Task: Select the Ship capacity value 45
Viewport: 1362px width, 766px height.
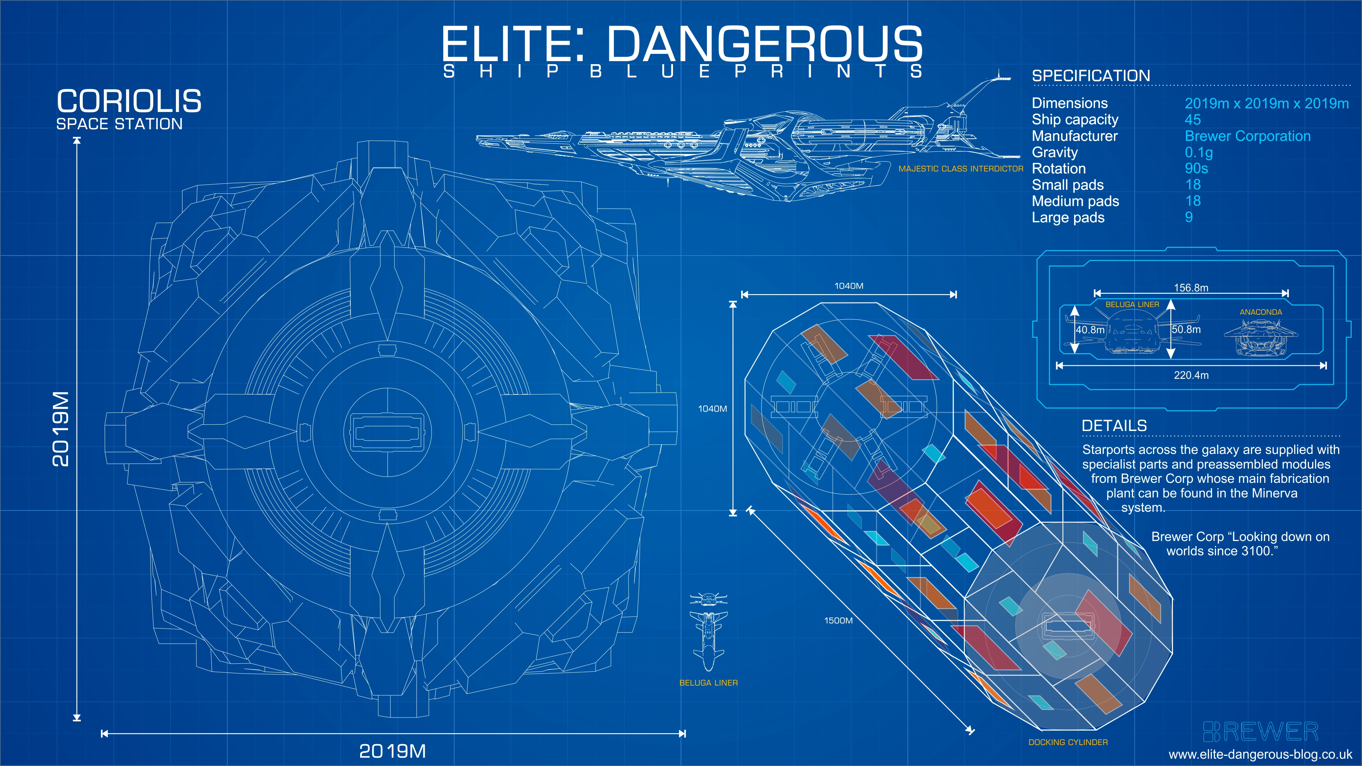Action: (x=1192, y=120)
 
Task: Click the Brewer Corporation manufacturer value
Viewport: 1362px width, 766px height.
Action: (x=1247, y=136)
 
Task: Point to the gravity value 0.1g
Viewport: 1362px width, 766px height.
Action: (x=1199, y=153)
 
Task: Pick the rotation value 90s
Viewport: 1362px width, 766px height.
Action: (x=1196, y=168)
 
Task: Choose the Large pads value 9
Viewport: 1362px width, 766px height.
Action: (x=1188, y=217)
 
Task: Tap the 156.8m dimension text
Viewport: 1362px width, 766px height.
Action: (x=1191, y=288)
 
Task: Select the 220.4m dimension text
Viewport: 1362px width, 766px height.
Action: (x=1191, y=375)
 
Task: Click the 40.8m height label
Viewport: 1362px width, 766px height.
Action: (x=1090, y=330)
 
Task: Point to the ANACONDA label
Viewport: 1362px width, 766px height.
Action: (x=1261, y=312)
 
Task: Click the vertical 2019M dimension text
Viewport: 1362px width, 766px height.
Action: (x=61, y=429)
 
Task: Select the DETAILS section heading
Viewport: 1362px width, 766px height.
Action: (x=1114, y=426)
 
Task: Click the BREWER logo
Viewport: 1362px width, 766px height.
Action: (x=1261, y=732)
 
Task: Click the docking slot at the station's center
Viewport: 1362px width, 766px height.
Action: (x=388, y=432)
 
